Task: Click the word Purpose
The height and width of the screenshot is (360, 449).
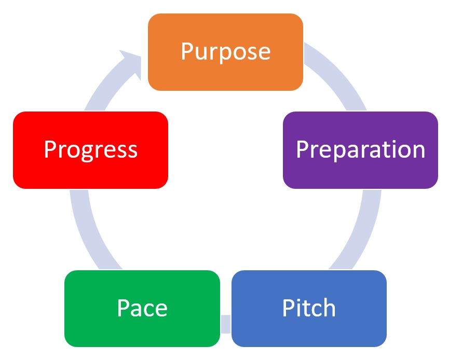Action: point(225,52)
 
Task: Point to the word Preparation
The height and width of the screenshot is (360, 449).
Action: point(360,150)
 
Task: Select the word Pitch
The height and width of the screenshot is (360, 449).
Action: point(309,308)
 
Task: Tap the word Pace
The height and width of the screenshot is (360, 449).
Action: point(142,308)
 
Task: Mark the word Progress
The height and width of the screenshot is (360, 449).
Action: point(90,150)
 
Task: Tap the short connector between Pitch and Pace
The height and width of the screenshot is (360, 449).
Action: point(225,323)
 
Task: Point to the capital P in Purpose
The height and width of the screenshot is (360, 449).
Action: point(186,52)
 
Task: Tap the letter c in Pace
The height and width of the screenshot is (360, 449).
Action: point(148,310)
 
